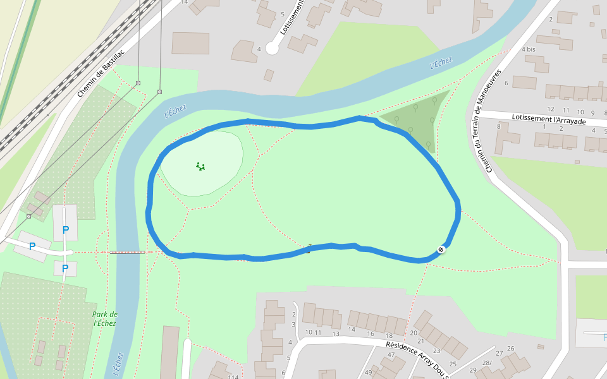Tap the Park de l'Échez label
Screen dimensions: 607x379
(104, 318)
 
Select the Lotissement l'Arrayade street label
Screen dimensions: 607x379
(549, 119)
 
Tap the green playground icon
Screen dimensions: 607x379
(200, 167)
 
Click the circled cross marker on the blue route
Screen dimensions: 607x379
(441, 250)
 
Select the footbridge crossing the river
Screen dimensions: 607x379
(127, 252)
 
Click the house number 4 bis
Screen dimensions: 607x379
(528, 49)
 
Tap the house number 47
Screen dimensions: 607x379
(391, 355)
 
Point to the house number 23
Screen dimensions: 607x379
(436, 351)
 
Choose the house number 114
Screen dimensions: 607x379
(233, 377)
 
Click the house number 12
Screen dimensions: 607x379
(550, 109)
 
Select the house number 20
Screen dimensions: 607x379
(413, 333)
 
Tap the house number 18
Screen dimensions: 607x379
(390, 335)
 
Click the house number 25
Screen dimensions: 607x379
(453, 364)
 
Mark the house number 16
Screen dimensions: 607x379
(370, 334)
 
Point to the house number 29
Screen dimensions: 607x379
(473, 370)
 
